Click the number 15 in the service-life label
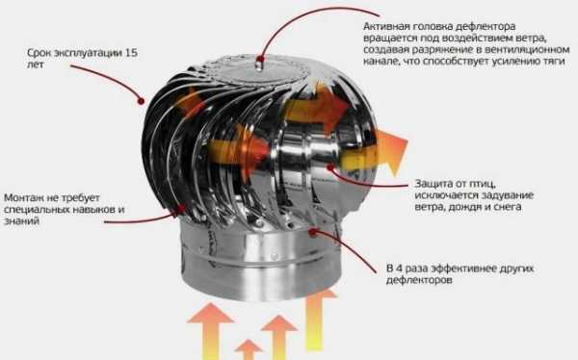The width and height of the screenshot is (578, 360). coord(131,53)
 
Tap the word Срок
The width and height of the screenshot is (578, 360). coord(39,53)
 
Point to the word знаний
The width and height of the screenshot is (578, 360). coord(21,221)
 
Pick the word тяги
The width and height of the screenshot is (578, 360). coord(554,62)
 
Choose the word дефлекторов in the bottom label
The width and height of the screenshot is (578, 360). coord(419,280)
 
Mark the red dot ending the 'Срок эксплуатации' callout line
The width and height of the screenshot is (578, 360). coord(142,101)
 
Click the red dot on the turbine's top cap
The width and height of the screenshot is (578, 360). coord(260,59)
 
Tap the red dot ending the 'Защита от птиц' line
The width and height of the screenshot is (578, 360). coord(330,167)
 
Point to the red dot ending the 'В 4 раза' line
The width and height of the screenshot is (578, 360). coord(313,232)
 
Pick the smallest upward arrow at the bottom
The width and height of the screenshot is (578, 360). coord(249,349)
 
